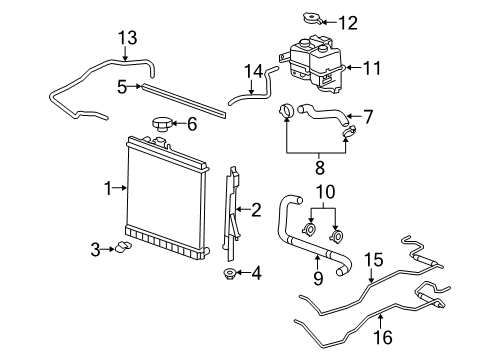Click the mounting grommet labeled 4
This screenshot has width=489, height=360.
point(230,273)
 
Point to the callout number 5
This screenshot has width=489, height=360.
point(122,86)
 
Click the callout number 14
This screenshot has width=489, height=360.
point(255,70)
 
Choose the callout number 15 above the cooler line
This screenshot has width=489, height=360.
point(372,259)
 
